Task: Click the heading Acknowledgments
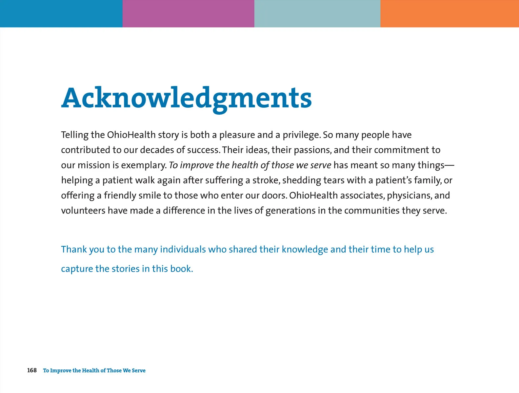[186, 98]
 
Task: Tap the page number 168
[32, 370]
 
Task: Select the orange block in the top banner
[449, 13]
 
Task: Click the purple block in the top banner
[188, 13]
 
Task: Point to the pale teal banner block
[317, 13]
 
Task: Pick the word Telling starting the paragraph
[75, 135]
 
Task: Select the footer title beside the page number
[94, 370]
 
